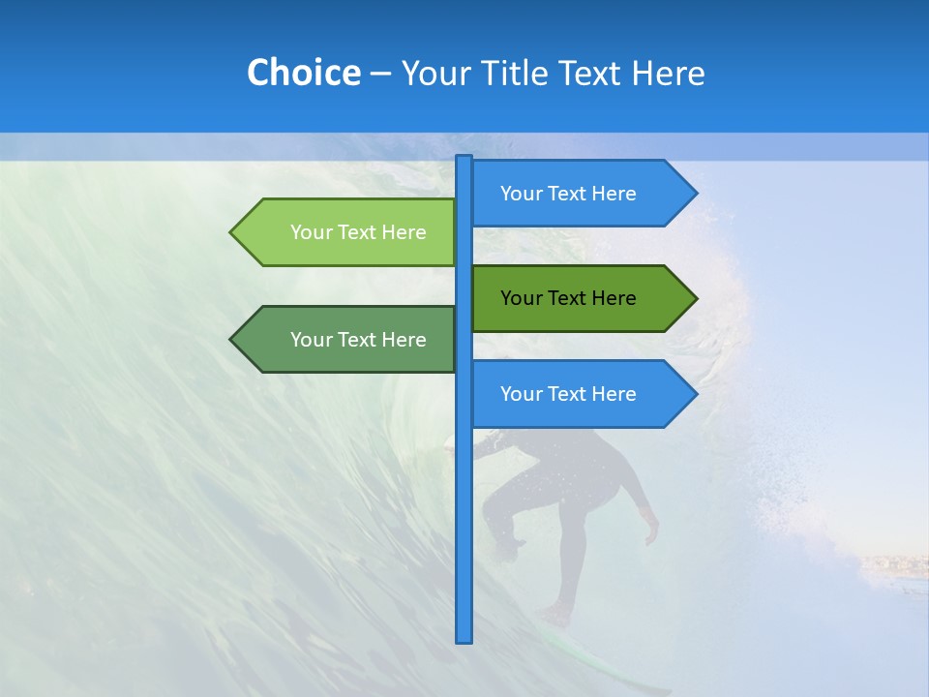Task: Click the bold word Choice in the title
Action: coord(303,73)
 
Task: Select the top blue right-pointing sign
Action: coord(571,194)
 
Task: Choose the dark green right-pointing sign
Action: coord(571,298)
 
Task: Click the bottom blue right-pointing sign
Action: coord(571,394)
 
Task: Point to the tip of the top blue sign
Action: coord(695,194)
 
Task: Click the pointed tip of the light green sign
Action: coord(232,232)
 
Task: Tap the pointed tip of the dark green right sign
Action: coord(695,298)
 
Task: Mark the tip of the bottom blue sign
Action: coord(695,394)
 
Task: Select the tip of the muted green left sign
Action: coord(232,340)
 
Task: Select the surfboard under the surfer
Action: coord(590,658)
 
